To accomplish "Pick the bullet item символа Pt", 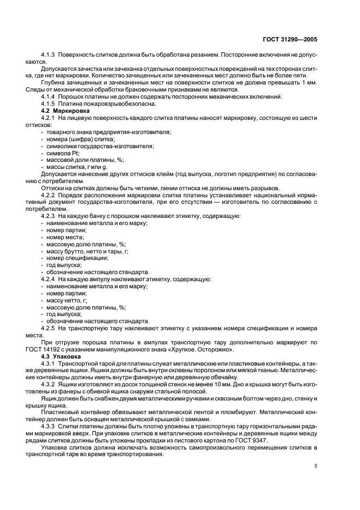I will (x=63, y=153).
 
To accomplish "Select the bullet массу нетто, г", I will (x=67, y=300).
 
